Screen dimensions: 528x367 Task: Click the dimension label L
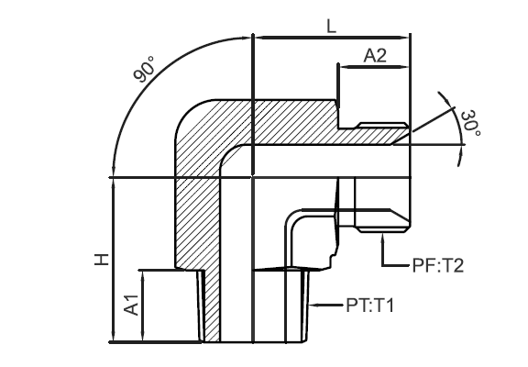coord(332,27)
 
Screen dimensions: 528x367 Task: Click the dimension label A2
coord(375,56)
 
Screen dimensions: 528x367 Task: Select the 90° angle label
coord(145,69)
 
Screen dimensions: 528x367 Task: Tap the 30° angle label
coord(470,123)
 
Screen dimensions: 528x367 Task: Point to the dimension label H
coord(102,259)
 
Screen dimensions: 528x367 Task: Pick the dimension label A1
coord(131,305)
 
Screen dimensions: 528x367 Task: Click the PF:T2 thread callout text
coord(438,265)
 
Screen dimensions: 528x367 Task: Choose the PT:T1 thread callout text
coord(369,306)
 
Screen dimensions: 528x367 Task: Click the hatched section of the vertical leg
coord(198,222)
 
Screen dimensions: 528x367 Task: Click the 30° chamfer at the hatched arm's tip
coord(401,139)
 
